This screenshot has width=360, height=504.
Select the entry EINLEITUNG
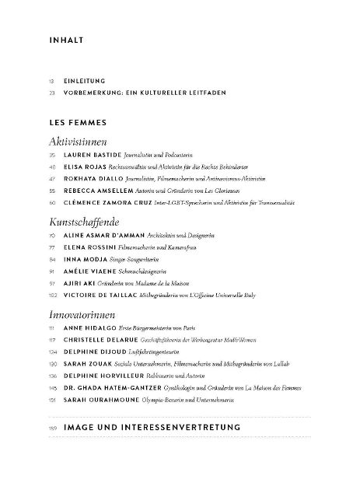[x=85, y=80]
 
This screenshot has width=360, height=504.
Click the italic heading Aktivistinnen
[x=77, y=142]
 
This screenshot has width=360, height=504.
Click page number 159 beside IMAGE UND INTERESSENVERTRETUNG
[x=52, y=428]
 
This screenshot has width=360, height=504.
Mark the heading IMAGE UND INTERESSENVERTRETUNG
[x=152, y=427]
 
